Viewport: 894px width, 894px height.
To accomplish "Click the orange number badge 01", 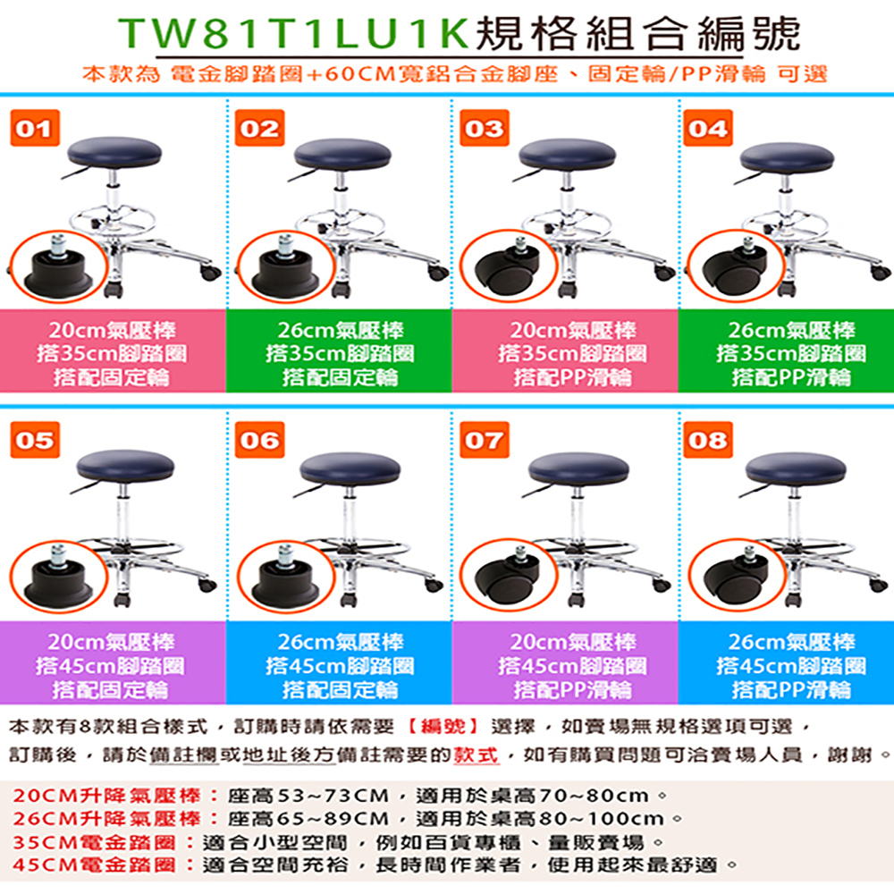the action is click(35, 128).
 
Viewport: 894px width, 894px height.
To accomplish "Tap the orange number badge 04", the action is click(707, 128).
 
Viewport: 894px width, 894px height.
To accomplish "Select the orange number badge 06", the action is click(259, 440).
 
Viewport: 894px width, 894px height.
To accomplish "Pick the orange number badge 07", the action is click(484, 440).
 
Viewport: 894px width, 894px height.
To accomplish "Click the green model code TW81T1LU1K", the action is click(293, 34).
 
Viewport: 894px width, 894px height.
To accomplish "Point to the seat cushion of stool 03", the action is click(568, 154).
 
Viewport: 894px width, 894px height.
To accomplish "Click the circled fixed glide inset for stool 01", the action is click(58, 266).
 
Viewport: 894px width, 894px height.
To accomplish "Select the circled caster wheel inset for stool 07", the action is click(509, 577).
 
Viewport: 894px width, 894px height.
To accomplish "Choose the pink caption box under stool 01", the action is click(113, 350).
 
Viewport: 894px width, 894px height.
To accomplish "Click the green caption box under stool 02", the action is click(339, 350).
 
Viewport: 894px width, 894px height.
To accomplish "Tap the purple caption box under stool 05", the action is click(113, 662).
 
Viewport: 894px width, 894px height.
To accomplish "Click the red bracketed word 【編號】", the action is click(443, 726).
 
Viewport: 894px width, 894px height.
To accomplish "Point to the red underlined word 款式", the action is click(477, 755).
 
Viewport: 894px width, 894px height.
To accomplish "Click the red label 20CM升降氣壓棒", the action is click(106, 796).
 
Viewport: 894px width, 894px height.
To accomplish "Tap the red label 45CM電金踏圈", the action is click(94, 864).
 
